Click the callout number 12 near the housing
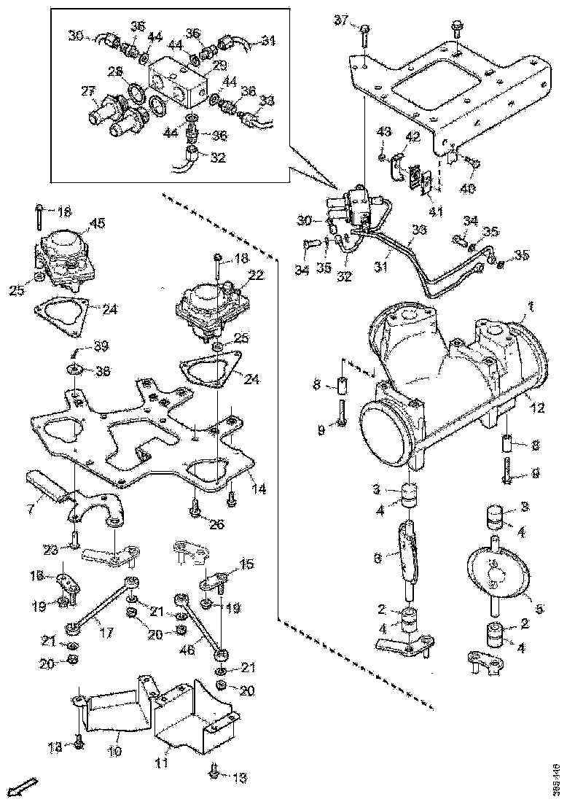click(x=539, y=409)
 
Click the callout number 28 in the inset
click(x=115, y=71)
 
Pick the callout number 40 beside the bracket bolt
click(x=467, y=188)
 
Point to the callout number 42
click(x=412, y=136)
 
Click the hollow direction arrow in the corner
click(x=27, y=786)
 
